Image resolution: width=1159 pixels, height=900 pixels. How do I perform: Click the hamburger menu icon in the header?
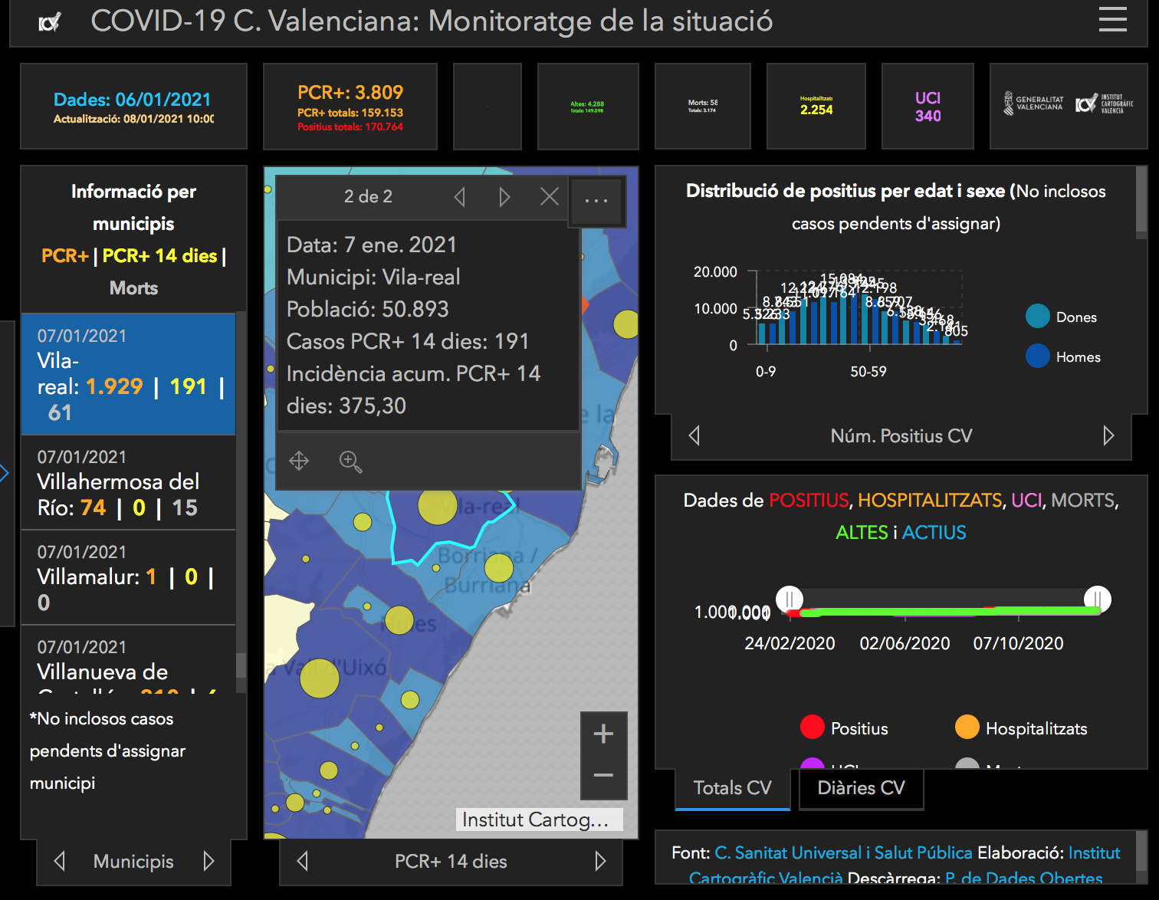(x=1112, y=19)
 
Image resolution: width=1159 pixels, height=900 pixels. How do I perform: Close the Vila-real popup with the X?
(x=550, y=197)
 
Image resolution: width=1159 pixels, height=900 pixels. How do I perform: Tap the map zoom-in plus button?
(x=603, y=734)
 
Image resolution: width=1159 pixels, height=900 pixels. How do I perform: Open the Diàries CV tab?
(x=861, y=788)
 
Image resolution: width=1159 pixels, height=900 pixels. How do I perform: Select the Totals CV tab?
(x=732, y=788)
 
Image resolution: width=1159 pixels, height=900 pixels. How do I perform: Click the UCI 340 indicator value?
(x=928, y=116)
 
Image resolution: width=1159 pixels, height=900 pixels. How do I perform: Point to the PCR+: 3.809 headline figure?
(x=350, y=93)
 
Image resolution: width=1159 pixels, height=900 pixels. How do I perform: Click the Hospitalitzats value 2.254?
(x=816, y=110)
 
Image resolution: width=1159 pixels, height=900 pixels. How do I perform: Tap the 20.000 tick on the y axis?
(x=715, y=272)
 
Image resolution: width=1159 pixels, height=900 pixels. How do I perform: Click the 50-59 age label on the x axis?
(x=868, y=372)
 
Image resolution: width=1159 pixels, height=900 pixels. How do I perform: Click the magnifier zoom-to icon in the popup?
(x=350, y=461)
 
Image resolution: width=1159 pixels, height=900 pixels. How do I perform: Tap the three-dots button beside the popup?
(x=596, y=201)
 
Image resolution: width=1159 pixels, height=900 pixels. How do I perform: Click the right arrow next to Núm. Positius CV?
(x=1108, y=436)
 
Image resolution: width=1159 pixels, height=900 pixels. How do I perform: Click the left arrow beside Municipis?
(x=60, y=862)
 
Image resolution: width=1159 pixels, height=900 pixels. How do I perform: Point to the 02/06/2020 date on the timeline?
(x=905, y=644)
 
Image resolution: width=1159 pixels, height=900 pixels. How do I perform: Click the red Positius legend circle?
(x=812, y=728)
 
